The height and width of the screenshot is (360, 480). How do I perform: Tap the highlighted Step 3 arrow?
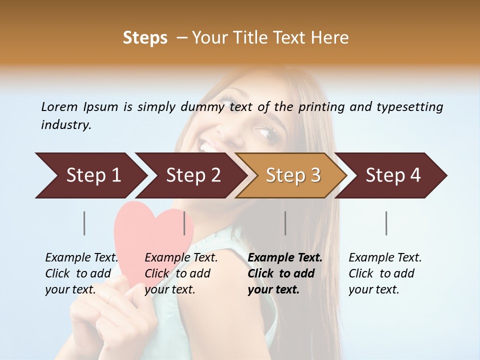click(x=293, y=175)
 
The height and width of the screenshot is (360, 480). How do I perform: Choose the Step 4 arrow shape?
click(x=393, y=175)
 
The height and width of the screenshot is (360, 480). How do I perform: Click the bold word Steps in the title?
click(x=145, y=37)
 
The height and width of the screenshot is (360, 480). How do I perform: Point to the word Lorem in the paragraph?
click(x=59, y=106)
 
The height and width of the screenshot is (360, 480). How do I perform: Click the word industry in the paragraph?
click(x=65, y=125)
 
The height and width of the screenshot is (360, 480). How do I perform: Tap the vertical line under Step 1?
click(x=84, y=223)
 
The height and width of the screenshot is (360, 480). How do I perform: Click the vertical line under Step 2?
click(x=184, y=223)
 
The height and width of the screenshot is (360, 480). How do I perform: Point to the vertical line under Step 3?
click(x=285, y=223)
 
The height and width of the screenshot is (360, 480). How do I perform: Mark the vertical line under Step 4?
click(x=386, y=223)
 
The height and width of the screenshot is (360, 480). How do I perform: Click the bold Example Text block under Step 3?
click(x=284, y=273)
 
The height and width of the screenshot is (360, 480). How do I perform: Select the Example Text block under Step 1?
click(x=81, y=273)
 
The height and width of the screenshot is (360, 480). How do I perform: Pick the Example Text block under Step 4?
click(x=384, y=273)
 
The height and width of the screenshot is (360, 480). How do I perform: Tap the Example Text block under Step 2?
click(x=180, y=273)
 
